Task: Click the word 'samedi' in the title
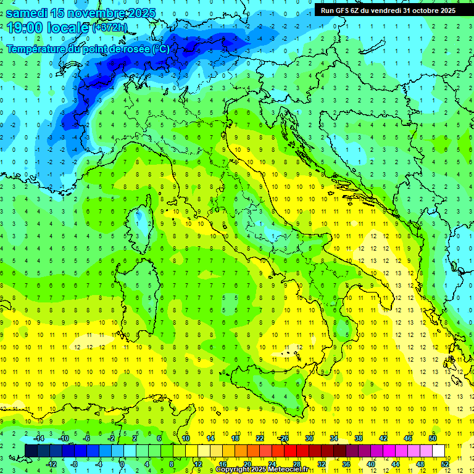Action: coord(27,13)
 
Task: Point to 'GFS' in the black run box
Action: coord(346,10)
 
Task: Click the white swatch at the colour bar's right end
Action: coord(438,451)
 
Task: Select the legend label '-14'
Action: coord(38,438)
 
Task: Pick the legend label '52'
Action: coord(446,464)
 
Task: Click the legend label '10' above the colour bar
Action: coord(186,438)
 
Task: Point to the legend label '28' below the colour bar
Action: coord(297,464)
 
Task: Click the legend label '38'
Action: coord(358,438)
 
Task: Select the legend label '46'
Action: coord(407,438)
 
